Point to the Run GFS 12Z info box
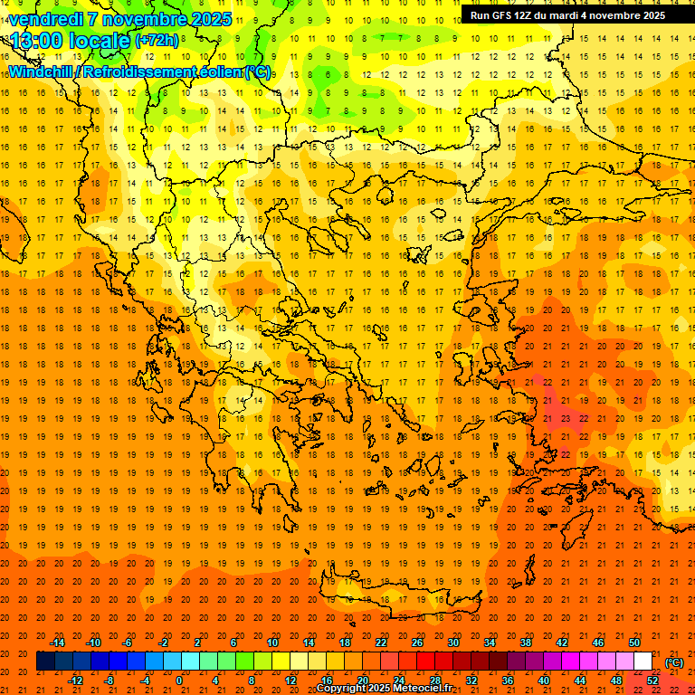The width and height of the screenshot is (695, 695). (567, 14)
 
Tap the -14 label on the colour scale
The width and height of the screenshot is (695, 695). (56, 643)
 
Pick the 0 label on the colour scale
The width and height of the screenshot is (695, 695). (179, 681)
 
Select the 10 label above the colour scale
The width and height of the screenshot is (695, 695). (271, 643)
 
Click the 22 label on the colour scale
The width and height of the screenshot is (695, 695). (380, 643)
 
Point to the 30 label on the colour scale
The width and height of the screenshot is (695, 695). (452, 643)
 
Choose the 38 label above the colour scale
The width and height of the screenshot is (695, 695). (525, 643)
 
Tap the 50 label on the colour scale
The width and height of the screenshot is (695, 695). (633, 643)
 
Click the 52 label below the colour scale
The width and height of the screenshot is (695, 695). (652, 681)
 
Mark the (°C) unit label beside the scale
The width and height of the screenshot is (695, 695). (673, 662)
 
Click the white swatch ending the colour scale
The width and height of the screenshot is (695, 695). (643, 662)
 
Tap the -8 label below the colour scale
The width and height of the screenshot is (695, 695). (109, 681)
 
